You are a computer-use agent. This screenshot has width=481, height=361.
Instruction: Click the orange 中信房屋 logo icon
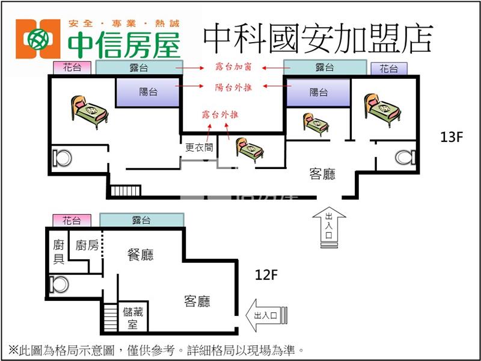(38, 39)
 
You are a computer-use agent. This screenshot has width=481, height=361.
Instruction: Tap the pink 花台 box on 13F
(72, 68)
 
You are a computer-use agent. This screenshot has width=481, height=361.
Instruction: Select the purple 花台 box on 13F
(389, 69)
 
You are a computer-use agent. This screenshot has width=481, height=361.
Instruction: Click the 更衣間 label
(199, 147)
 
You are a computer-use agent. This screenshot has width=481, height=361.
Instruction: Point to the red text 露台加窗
(233, 67)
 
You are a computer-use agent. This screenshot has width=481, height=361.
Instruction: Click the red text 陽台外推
(233, 87)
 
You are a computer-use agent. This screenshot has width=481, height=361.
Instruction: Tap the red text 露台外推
(220, 115)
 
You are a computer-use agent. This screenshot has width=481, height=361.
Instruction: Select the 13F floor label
(451, 137)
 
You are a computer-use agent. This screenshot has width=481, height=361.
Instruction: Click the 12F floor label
(266, 275)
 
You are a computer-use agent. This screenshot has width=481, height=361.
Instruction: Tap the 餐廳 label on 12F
(141, 255)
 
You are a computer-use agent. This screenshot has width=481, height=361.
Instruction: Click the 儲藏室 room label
(133, 318)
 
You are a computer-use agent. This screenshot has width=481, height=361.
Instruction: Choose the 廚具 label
(58, 251)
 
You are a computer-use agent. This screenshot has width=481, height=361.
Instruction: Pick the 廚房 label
(87, 245)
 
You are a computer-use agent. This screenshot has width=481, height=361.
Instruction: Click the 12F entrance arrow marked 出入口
(266, 315)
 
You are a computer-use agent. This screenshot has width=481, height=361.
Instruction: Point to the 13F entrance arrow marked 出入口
(329, 227)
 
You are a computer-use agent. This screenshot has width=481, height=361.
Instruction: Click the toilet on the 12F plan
(59, 285)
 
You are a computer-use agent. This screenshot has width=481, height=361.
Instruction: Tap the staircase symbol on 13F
(125, 191)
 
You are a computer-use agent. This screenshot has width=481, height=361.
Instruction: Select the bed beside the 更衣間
(250, 149)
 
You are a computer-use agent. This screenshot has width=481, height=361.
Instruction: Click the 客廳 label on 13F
(322, 174)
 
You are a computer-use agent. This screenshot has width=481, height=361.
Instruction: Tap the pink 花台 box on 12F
(72, 220)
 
